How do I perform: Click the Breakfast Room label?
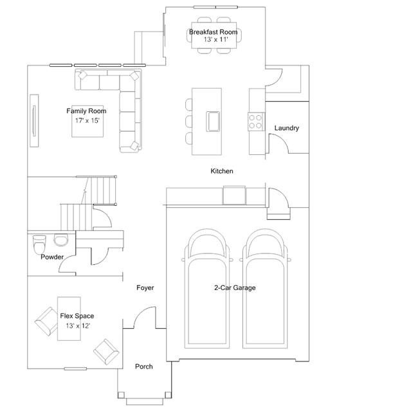coord(214,32)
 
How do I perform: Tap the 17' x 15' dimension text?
coord(87,120)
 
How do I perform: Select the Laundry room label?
coord(286,128)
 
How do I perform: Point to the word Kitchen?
coord(222,171)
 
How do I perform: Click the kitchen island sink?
coord(213,122)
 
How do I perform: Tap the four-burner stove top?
coord(255,122)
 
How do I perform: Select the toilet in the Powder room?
coord(39,244)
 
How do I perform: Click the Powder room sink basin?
coord(61,240)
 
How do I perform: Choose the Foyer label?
coord(145,288)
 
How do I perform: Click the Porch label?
coord(144,367)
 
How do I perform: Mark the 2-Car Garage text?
coord(235,288)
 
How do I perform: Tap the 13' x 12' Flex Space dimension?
coord(78,325)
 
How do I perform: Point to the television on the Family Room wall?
coord(34,120)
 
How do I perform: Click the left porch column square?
coord(121,395)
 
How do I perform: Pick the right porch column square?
coord(168,395)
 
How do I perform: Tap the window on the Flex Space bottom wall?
coord(75,369)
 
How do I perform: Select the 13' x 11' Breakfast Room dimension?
coord(215,39)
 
